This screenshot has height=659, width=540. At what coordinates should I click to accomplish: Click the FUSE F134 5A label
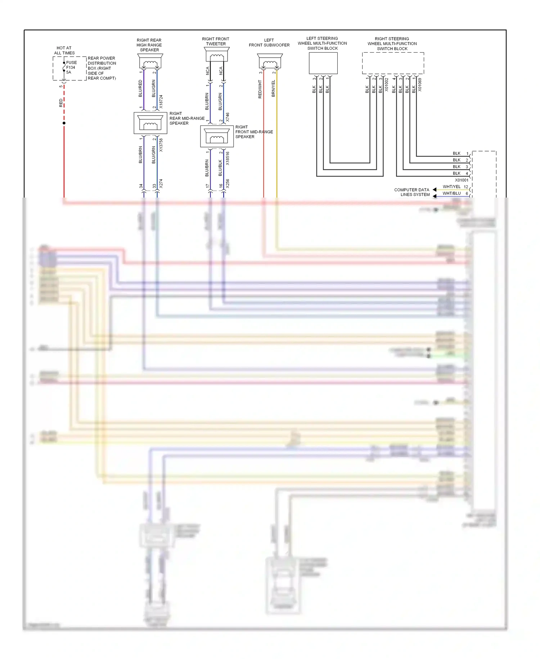tap(71, 67)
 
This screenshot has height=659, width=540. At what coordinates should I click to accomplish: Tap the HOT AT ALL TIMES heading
tap(64, 50)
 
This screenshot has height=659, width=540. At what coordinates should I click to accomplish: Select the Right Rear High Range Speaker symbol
tap(150, 61)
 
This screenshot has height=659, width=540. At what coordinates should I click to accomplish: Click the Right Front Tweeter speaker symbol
tap(217, 55)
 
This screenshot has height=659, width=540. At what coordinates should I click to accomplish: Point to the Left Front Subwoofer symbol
tap(270, 61)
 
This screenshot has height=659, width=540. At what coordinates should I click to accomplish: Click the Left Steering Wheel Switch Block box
tap(323, 63)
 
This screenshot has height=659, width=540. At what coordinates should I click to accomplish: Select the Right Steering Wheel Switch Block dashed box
tap(393, 63)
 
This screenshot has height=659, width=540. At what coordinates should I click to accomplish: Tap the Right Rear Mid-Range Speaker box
tap(150, 123)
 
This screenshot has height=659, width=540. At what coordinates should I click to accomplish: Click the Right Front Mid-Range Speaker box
tap(217, 137)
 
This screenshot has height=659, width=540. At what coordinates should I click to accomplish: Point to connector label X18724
tap(161, 102)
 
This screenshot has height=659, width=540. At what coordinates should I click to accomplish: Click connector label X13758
tap(161, 145)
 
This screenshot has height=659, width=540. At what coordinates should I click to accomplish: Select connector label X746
tap(228, 117)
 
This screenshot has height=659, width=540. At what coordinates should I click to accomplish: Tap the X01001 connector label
tap(462, 180)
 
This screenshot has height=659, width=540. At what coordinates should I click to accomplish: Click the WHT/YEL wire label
tap(451, 187)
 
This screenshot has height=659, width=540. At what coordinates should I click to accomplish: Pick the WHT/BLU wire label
tap(451, 193)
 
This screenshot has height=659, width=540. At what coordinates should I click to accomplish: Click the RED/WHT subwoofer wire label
tap(260, 89)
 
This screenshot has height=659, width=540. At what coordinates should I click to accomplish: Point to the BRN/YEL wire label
tap(273, 89)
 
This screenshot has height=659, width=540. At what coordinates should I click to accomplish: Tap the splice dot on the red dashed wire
tap(64, 123)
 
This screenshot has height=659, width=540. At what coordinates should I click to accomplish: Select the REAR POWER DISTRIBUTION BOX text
tap(102, 68)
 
